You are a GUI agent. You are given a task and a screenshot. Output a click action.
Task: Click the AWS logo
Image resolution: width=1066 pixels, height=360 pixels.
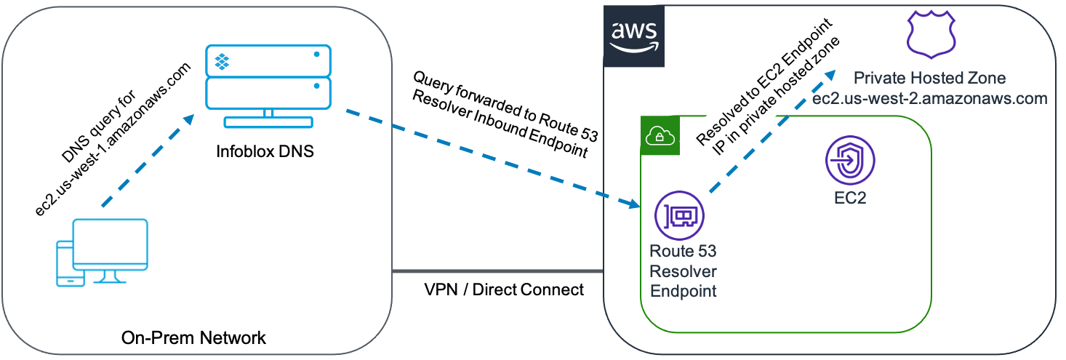point(633,36)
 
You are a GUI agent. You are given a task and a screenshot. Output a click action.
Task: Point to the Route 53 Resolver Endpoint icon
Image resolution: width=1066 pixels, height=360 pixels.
point(680,217)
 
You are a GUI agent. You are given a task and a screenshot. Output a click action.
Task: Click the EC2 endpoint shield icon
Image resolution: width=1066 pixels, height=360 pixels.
point(850,161)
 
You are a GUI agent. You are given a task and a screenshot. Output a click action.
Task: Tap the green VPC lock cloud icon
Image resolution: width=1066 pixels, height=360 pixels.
point(659,136)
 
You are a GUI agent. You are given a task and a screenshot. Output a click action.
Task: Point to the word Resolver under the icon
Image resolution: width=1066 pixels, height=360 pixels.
point(683,271)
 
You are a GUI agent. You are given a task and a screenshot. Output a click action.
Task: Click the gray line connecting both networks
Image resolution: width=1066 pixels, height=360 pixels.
point(497,272)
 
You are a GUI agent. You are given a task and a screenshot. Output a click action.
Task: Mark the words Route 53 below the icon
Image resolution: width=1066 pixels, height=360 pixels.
point(683,252)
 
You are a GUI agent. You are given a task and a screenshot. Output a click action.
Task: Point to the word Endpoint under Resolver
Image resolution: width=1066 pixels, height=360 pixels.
point(683,291)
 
